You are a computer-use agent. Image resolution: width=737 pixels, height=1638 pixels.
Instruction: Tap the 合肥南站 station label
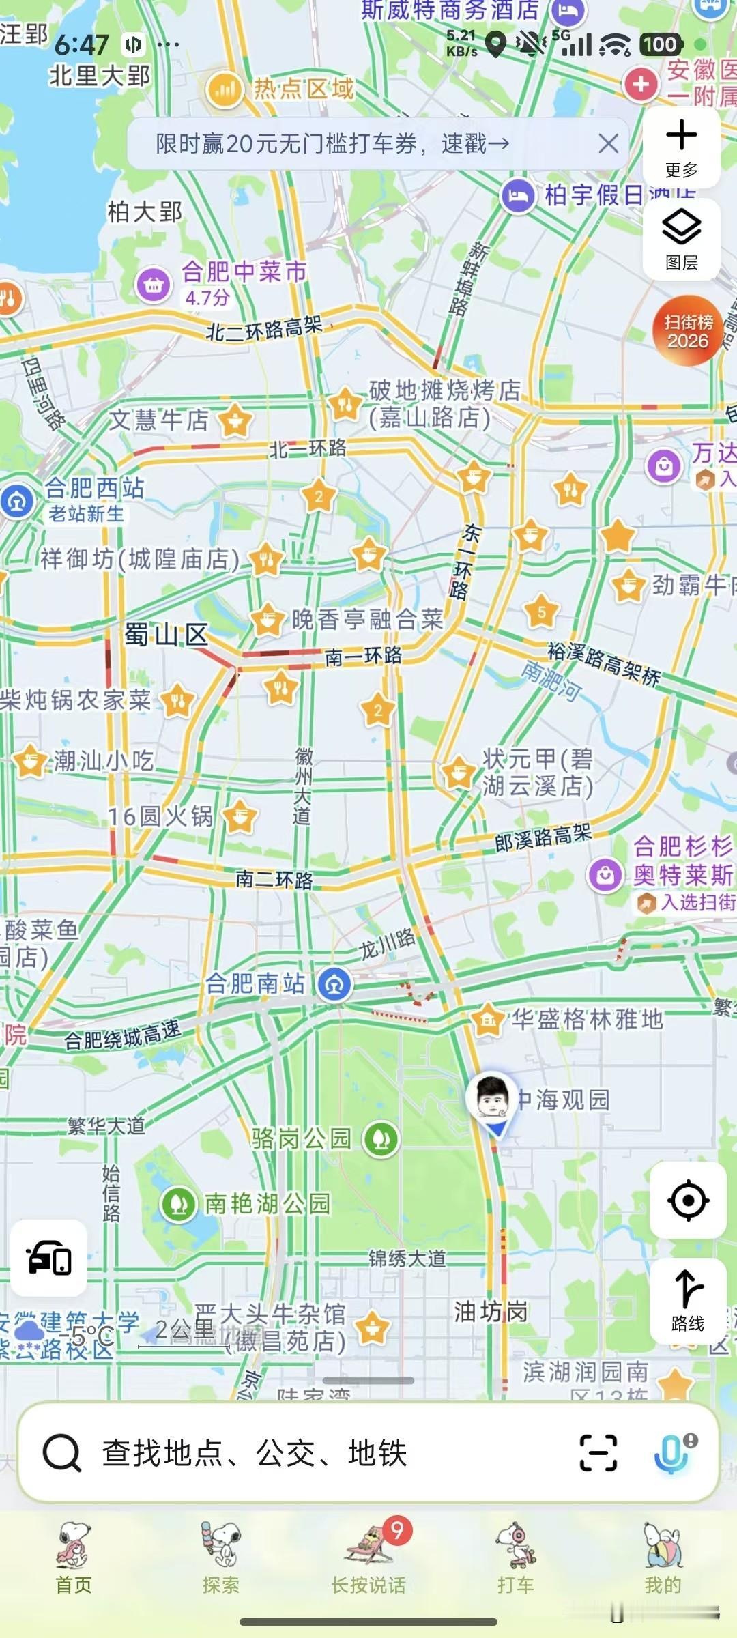click(x=256, y=983)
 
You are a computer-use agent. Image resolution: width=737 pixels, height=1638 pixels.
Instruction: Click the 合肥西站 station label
click(x=94, y=489)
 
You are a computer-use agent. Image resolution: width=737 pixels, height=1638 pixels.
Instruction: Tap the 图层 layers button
click(x=681, y=238)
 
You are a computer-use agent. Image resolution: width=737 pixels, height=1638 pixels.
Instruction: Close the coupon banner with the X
click(x=608, y=143)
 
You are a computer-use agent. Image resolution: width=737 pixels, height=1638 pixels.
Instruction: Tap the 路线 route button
click(x=687, y=1300)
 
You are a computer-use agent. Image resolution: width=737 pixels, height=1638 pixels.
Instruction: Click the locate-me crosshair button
click(x=687, y=1200)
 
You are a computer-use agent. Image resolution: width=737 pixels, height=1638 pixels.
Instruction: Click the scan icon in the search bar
click(x=598, y=1452)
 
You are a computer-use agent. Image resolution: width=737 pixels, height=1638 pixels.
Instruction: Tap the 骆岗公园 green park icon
click(x=381, y=1138)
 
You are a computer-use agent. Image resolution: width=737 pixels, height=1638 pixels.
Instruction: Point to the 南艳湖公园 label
click(x=267, y=1203)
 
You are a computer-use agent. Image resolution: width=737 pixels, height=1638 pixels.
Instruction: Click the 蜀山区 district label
click(x=166, y=635)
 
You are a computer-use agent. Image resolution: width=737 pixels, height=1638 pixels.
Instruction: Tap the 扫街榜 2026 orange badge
click(x=688, y=331)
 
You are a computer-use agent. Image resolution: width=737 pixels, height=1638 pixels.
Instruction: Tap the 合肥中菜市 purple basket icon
click(x=154, y=285)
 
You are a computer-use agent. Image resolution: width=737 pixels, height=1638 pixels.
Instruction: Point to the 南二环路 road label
click(x=274, y=879)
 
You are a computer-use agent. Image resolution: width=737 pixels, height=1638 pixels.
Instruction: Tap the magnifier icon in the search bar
click(x=62, y=1452)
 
